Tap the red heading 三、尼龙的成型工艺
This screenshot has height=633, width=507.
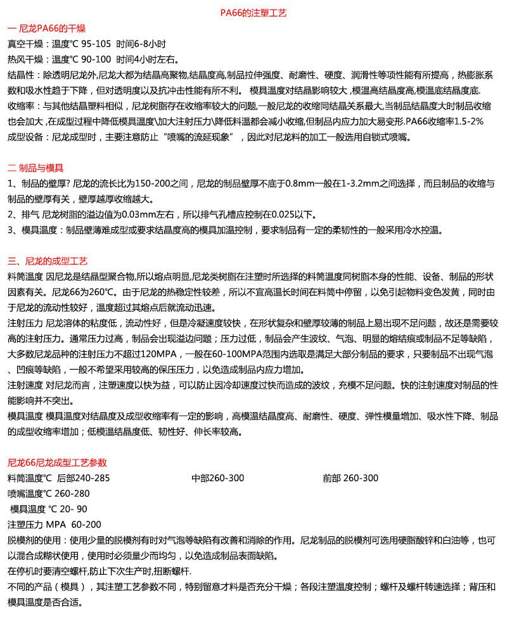[48, 261]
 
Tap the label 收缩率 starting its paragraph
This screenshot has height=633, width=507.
[20, 105]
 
